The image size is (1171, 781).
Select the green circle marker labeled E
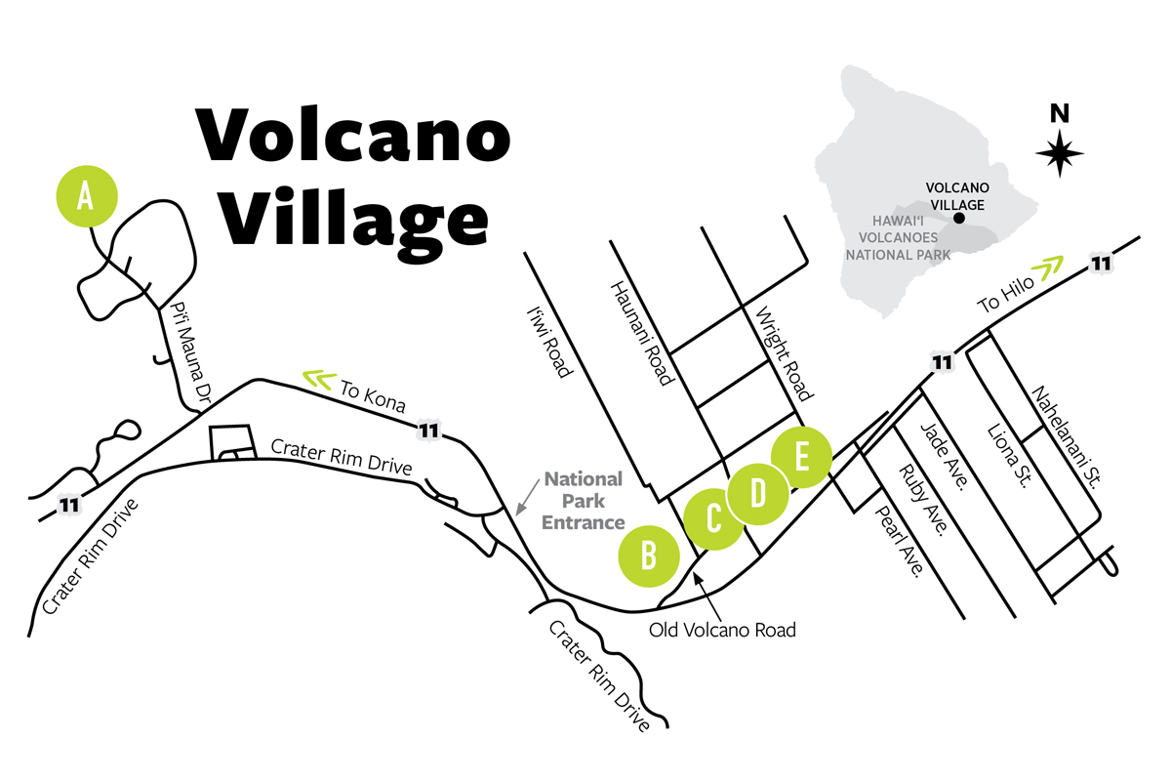(800, 457)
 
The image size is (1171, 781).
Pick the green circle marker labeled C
(713, 518)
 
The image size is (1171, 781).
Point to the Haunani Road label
(641, 333)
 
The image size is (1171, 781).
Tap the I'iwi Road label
(546, 342)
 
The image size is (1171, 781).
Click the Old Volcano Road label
(722, 630)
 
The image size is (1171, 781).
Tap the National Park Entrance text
(584, 500)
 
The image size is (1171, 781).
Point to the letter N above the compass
(1060, 113)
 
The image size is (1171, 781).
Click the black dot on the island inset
(958, 218)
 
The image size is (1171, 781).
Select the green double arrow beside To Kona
(317, 377)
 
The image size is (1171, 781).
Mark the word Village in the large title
(353, 221)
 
